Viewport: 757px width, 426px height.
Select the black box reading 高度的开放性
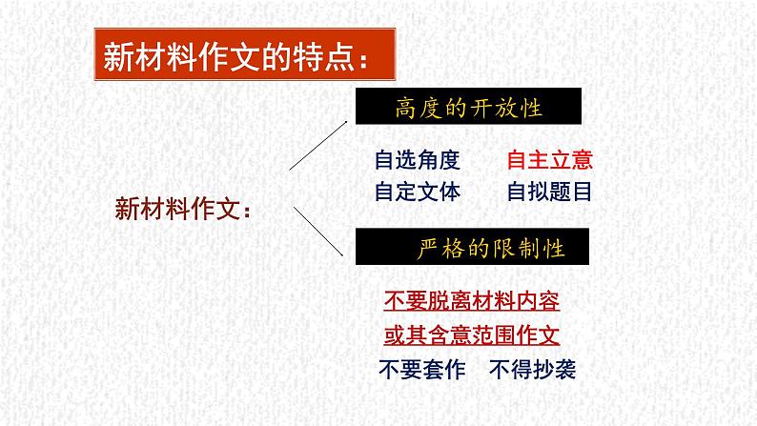tap(468, 108)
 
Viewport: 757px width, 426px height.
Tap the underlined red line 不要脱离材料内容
tap(471, 302)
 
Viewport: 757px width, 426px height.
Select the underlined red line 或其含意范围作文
tap(471, 335)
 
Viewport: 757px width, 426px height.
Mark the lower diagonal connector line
tap(317, 233)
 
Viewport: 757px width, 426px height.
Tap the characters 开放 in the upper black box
tap(491, 108)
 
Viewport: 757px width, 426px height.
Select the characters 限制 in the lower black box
tap(516, 250)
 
